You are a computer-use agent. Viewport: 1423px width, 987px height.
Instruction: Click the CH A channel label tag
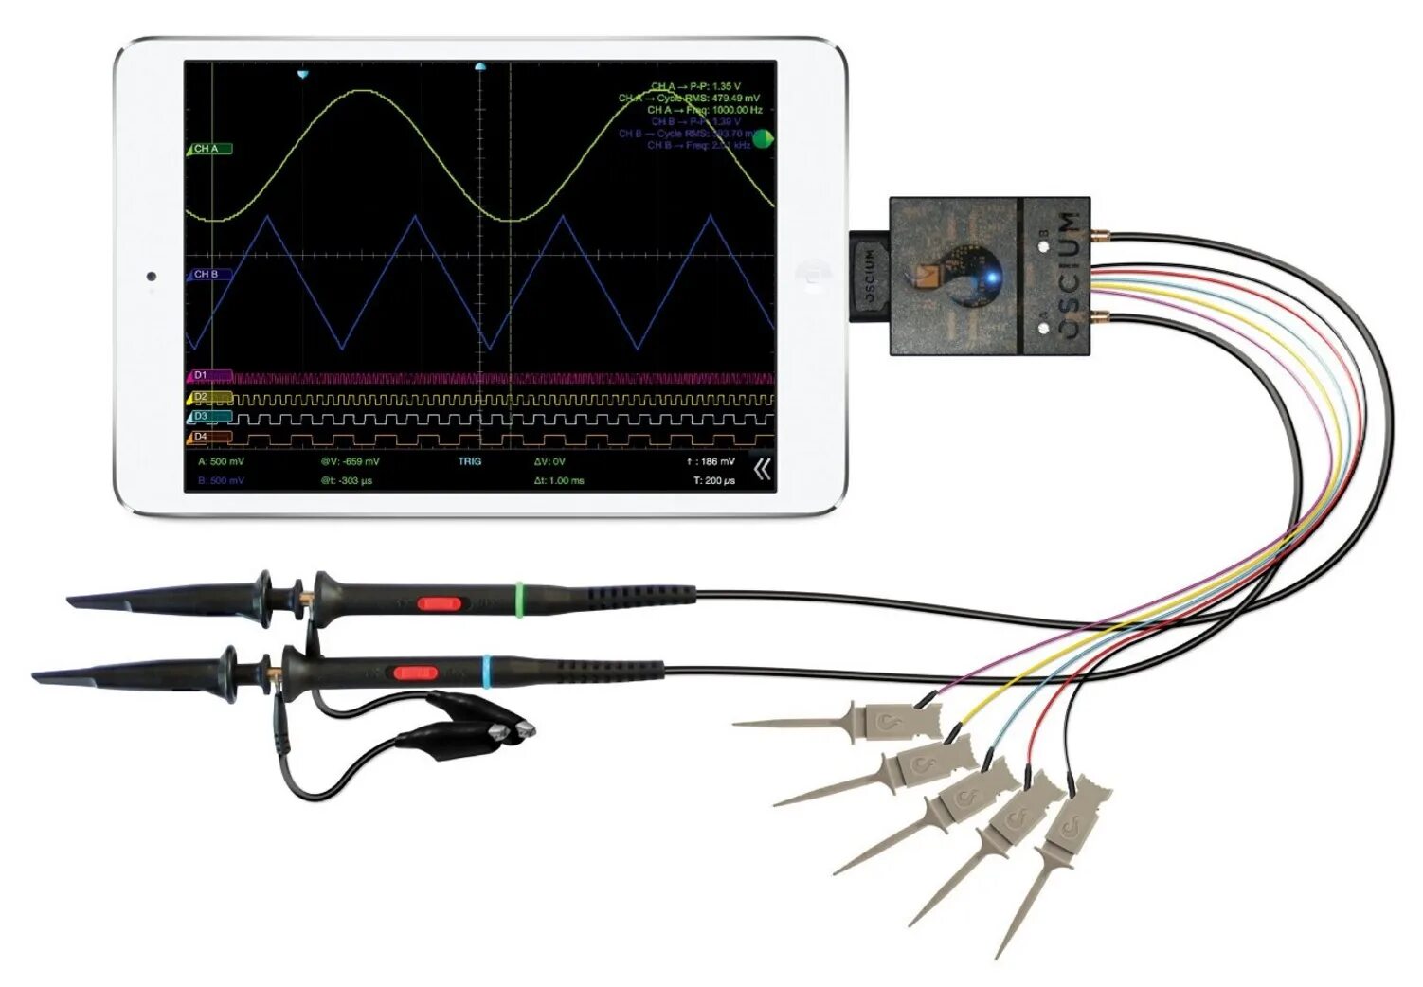tap(208, 149)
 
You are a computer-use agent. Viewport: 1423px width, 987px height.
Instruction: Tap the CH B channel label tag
tap(208, 275)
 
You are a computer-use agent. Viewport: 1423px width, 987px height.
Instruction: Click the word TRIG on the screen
tap(470, 462)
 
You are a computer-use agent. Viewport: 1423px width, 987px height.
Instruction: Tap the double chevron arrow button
tap(762, 469)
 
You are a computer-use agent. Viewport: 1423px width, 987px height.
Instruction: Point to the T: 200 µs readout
tap(714, 481)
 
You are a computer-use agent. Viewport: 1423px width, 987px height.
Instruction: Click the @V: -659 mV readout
tap(350, 462)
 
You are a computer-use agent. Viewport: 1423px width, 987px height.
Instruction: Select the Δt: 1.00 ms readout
tap(559, 481)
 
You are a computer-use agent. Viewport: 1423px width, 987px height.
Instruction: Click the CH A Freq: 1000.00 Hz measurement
tap(705, 110)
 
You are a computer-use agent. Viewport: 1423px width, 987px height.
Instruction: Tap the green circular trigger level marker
tap(763, 139)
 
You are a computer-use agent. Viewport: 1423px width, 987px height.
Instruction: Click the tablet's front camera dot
tap(152, 277)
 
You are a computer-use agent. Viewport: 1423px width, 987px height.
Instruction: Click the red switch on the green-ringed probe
tap(439, 603)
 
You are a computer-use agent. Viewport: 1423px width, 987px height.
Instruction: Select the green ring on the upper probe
tap(519, 600)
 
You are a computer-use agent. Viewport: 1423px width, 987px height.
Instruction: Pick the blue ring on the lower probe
tap(487, 671)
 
